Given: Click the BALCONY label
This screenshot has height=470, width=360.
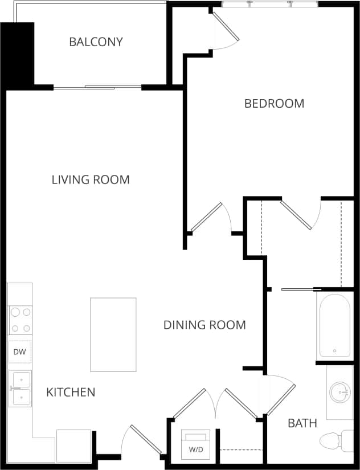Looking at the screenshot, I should pos(96,42).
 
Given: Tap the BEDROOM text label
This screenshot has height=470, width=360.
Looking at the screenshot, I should pos(274,103).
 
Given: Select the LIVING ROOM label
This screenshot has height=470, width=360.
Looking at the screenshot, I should pos(91,179).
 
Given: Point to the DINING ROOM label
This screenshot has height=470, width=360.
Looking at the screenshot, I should pos(204,325).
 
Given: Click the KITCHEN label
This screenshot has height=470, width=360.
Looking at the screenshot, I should pos(71,392).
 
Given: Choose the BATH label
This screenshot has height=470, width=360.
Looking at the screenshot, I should pos(302,423).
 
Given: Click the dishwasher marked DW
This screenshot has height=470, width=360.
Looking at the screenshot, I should pos(19,352).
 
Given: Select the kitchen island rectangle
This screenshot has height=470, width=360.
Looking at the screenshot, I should pos(113,334).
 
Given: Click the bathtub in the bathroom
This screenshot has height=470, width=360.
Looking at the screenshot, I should pos(334,325).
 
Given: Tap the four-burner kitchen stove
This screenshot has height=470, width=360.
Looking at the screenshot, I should pos(19,320).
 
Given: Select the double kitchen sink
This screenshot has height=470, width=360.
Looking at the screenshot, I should pos(19,389).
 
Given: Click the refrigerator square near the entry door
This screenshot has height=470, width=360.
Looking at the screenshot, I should pos(74,446).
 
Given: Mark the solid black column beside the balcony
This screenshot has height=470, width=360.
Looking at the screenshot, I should pos(18,54).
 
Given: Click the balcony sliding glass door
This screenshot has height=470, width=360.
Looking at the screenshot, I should pos(97,87).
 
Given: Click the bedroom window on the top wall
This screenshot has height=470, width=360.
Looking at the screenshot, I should pos(269,5).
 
